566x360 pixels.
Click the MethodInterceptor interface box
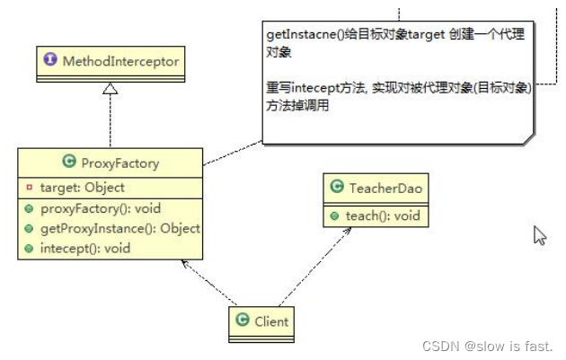[109, 62]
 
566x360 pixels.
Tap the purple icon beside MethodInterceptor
[52, 62]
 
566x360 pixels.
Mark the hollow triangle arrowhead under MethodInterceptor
[110, 88]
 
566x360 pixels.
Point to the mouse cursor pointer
[540, 235]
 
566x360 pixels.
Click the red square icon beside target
[29, 188]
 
